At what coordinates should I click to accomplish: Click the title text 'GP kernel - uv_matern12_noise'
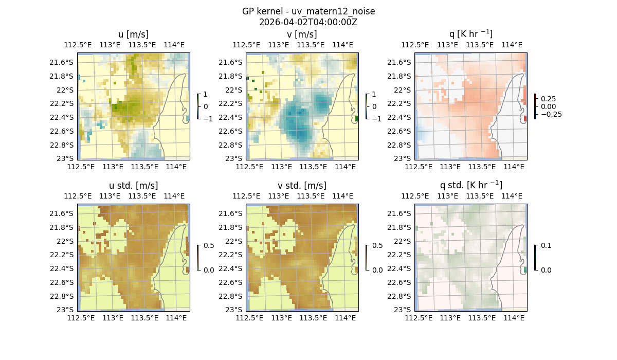tap(308, 11)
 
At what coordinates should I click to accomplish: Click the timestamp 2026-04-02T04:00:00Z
tap(308, 22)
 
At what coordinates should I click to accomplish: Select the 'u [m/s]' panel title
tap(133, 34)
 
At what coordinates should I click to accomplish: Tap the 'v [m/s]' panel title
tap(302, 34)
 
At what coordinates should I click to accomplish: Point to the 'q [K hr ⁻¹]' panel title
tap(470, 34)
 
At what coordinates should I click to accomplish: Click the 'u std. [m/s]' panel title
tap(133, 186)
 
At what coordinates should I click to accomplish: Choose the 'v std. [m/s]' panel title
tap(302, 186)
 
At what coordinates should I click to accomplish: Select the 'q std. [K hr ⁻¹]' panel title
tap(470, 186)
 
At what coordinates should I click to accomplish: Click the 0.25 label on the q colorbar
tap(549, 99)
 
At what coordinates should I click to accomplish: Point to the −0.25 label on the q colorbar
tap(551, 114)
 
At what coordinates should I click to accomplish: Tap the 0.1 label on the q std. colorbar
tap(546, 246)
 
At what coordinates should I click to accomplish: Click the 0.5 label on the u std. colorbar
tap(209, 246)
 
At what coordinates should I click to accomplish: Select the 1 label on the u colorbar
tap(206, 95)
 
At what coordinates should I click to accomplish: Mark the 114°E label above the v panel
tap(343, 45)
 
